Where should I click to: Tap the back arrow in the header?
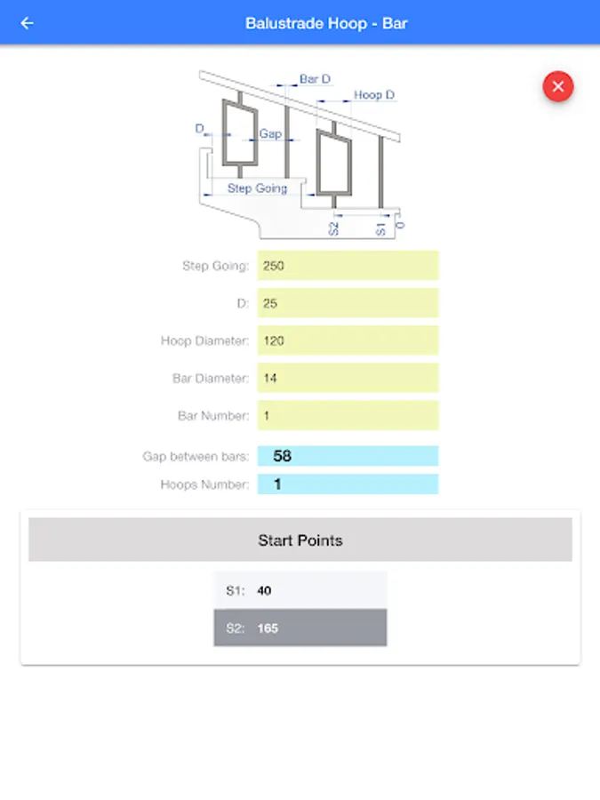27,23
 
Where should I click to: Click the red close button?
557,86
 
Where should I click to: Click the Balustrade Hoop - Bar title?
326,23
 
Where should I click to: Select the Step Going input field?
348,265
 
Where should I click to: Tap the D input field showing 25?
348,303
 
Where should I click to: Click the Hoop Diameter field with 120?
348,340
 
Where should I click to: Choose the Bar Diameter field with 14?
348,378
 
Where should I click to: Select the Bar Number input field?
348,415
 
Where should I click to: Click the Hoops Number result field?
348,484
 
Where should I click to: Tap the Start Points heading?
300,540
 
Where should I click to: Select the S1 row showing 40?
300,590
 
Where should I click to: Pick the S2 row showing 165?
300,628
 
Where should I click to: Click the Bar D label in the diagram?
315,79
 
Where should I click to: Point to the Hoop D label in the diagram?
374,95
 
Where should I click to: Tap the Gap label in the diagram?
270,133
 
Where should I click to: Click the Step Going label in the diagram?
257,188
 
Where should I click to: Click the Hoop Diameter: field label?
204,340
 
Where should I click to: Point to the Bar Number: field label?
213,416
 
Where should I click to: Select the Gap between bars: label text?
196,456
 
